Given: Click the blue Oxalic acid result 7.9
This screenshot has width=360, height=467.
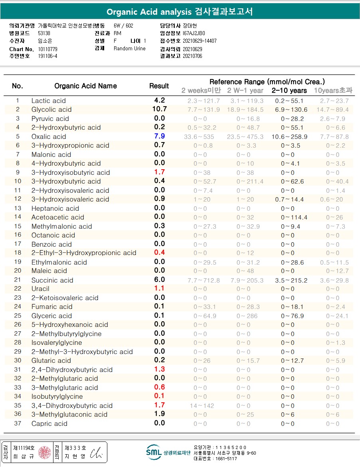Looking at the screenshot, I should tap(160, 136).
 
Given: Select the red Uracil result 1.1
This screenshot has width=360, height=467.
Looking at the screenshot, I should tap(160, 288).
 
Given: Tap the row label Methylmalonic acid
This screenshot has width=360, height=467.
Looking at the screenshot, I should tap(61, 226).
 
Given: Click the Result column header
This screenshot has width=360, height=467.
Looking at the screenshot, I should tap(159, 86).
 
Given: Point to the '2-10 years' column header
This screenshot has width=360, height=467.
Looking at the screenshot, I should tap(289, 91).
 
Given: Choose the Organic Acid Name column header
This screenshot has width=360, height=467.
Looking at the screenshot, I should tap(85, 86).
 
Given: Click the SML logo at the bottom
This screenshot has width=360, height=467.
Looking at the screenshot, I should tap(154, 452).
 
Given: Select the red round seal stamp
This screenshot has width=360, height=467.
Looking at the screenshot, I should tap(44, 452).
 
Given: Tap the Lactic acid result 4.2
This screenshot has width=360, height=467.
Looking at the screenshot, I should tap(160, 101).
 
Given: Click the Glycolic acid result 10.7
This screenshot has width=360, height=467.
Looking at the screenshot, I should tap(160, 109).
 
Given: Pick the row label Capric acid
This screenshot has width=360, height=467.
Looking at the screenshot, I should tap(49, 423).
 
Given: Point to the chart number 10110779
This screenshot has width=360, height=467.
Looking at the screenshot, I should tap(47, 49).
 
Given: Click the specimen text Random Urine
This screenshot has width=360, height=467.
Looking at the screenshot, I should tap(129, 49).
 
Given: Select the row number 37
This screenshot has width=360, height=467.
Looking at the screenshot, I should tap(18, 423).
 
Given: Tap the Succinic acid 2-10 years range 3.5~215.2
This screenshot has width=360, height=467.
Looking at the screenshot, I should tap(291, 281).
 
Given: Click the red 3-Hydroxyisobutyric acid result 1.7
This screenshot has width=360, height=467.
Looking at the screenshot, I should tap(160, 172).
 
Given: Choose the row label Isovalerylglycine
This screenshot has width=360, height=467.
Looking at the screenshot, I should tap(57, 342).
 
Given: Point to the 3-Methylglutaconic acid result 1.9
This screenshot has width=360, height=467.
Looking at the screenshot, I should tap(160, 414).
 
